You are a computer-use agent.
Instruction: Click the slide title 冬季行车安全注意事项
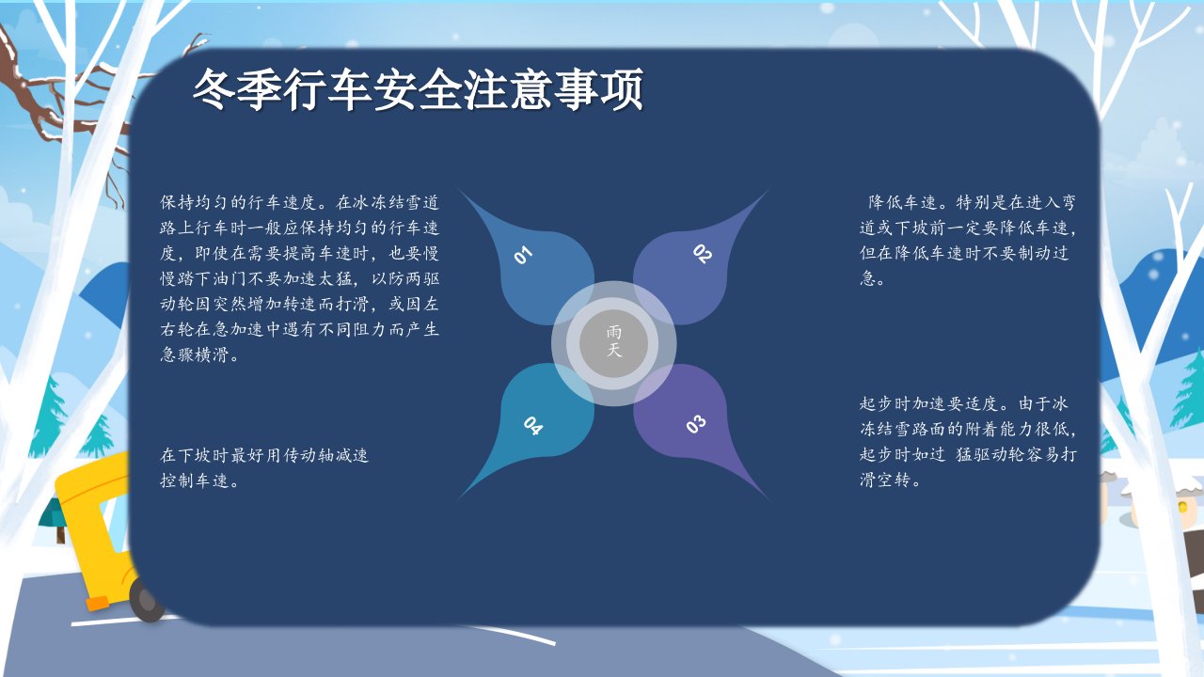[418, 88]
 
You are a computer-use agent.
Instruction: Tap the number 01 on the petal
[523, 255]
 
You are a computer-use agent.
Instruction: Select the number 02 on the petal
[703, 254]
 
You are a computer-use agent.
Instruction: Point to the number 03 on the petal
[695, 424]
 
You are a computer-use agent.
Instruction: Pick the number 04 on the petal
[533, 426]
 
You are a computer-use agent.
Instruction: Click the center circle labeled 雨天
[613, 343]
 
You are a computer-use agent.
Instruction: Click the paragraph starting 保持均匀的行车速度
[299, 278]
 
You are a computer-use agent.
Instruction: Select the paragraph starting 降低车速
[968, 240]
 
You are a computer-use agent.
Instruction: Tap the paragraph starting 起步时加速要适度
[968, 442]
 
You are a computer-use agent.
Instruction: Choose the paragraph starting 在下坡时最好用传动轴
[264, 467]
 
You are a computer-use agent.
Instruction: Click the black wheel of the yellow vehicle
[145, 601]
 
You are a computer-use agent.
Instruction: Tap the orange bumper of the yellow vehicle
[98, 604]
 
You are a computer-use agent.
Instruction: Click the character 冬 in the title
[214, 89]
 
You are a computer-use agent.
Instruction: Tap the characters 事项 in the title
[599, 89]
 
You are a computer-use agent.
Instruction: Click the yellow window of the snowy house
[1182, 507]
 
